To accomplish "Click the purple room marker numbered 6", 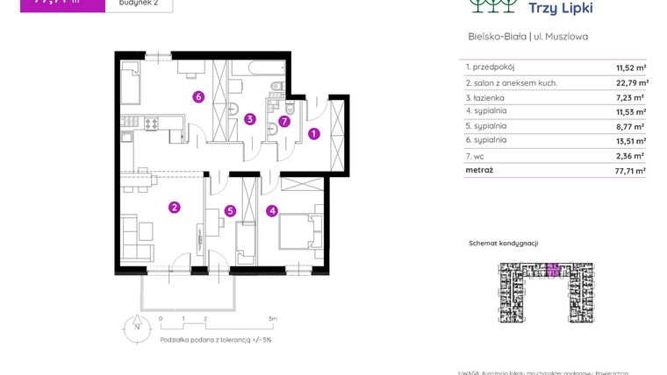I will click(x=199, y=96).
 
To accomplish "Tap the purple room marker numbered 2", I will click(x=175, y=207).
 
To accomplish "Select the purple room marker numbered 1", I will click(x=314, y=133).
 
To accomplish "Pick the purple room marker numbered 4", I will click(x=273, y=210).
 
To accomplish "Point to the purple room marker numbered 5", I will click(x=230, y=210).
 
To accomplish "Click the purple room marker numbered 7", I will click(x=283, y=122).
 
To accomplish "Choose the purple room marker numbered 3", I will click(x=250, y=119).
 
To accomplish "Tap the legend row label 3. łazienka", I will click(x=486, y=97).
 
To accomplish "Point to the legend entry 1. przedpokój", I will click(x=491, y=67).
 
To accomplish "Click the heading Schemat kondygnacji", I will click(x=503, y=243).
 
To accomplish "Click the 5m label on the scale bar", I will click(x=273, y=318).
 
